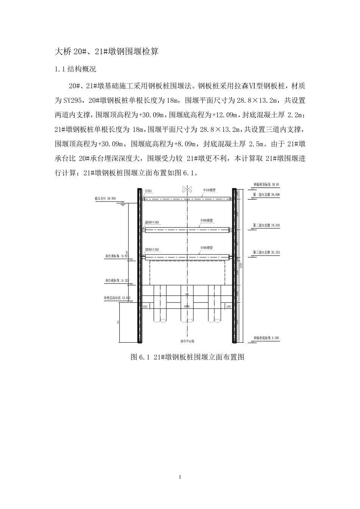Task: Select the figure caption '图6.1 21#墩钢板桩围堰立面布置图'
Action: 188,357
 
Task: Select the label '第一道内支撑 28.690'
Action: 266,194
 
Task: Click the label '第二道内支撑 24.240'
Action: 266,225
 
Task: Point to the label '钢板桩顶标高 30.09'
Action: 266,185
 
